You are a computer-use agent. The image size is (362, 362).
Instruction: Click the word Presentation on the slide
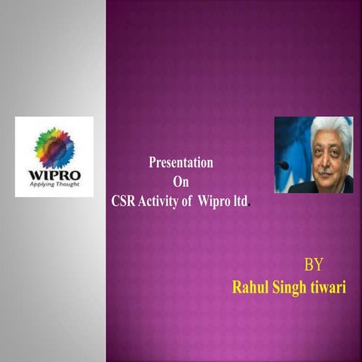pos(181,163)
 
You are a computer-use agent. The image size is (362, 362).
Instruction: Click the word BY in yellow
pos(314,265)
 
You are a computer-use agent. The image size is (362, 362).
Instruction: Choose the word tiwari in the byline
pos(327,287)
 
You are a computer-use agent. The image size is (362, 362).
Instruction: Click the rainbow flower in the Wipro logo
pos(55,148)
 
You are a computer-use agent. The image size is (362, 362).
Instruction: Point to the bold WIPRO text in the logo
pos(54,176)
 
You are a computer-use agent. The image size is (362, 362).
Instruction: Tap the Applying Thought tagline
pos(54,186)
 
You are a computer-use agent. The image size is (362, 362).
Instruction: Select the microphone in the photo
pos(283,164)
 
